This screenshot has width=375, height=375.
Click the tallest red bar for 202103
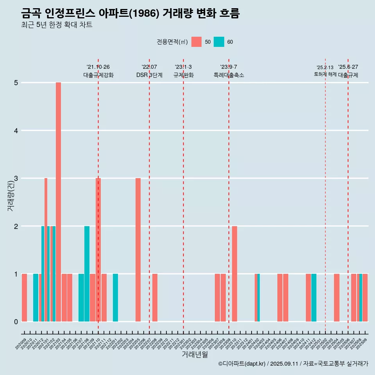click(x=58, y=202)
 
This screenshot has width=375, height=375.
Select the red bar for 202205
click(x=138, y=250)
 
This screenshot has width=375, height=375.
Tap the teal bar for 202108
click(x=87, y=273)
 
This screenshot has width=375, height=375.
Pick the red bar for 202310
click(x=234, y=273)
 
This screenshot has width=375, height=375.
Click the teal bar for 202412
click(x=314, y=298)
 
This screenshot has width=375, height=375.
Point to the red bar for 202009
click(x=24, y=298)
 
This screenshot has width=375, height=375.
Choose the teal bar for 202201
click(x=115, y=298)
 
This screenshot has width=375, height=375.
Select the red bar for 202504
click(x=336, y=298)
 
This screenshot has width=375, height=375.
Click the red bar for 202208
click(x=155, y=298)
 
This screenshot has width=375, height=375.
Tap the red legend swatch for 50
click(x=196, y=42)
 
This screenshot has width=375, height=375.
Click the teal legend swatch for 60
click(x=219, y=42)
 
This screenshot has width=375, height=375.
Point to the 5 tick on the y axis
click(x=16, y=83)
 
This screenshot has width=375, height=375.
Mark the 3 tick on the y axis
click(x=16, y=179)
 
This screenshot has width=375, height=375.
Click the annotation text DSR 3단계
click(x=149, y=75)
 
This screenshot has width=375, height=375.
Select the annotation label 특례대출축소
click(x=229, y=75)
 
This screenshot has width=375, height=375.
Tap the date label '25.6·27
click(x=348, y=67)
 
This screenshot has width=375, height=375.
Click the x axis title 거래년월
click(x=195, y=354)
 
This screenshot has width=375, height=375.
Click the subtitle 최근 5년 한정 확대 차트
click(x=57, y=25)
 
